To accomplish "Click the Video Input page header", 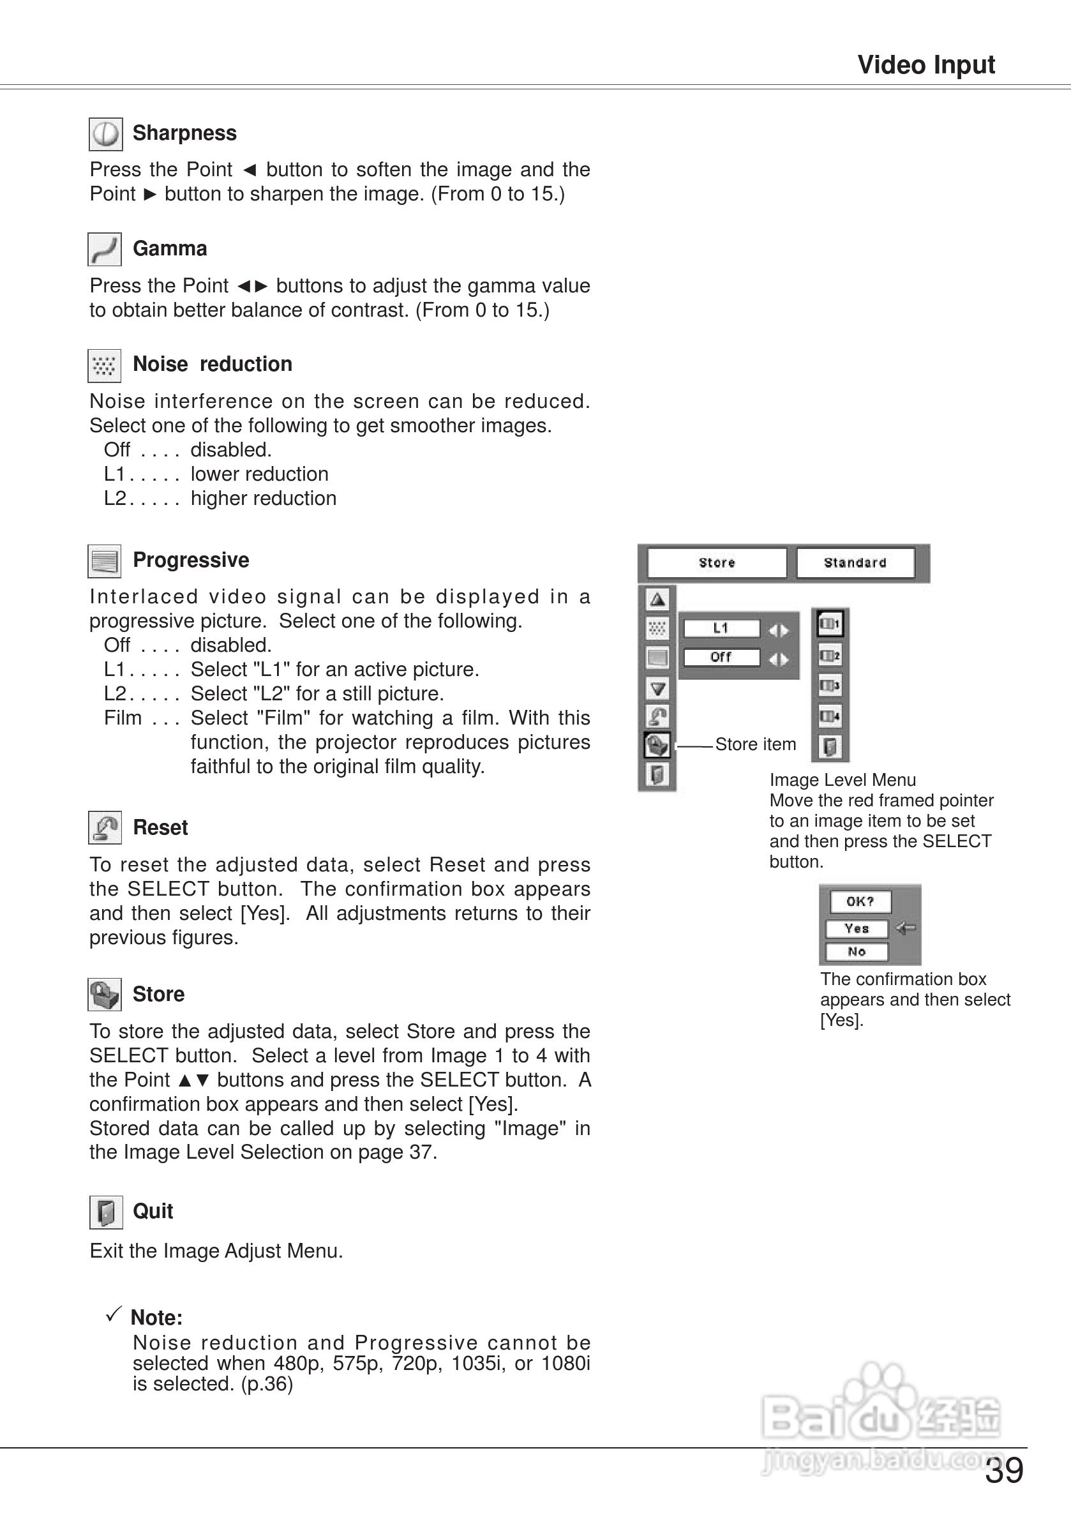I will click(x=925, y=65).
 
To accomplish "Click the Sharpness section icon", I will click(x=105, y=135).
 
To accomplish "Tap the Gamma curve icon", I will click(x=105, y=250).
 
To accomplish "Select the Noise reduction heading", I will click(x=212, y=364).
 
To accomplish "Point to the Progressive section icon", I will click(x=105, y=561).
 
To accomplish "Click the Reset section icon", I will click(x=105, y=827).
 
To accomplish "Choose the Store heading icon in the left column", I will click(x=105, y=995).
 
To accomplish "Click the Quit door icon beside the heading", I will click(x=106, y=1212).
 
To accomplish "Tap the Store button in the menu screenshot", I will click(x=717, y=562).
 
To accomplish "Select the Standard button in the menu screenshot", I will click(x=855, y=562).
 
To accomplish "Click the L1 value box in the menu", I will click(x=721, y=628).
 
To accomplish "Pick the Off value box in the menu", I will click(x=721, y=658).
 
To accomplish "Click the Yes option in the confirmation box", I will click(x=857, y=929).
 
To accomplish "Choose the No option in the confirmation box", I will click(x=857, y=952).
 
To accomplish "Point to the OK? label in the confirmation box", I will click(x=859, y=901).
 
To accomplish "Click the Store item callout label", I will click(x=755, y=745).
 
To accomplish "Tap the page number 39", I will click(x=1003, y=1471).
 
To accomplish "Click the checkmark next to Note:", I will click(x=114, y=1314).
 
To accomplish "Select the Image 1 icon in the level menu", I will click(x=830, y=624).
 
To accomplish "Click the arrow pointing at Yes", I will click(x=906, y=928).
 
